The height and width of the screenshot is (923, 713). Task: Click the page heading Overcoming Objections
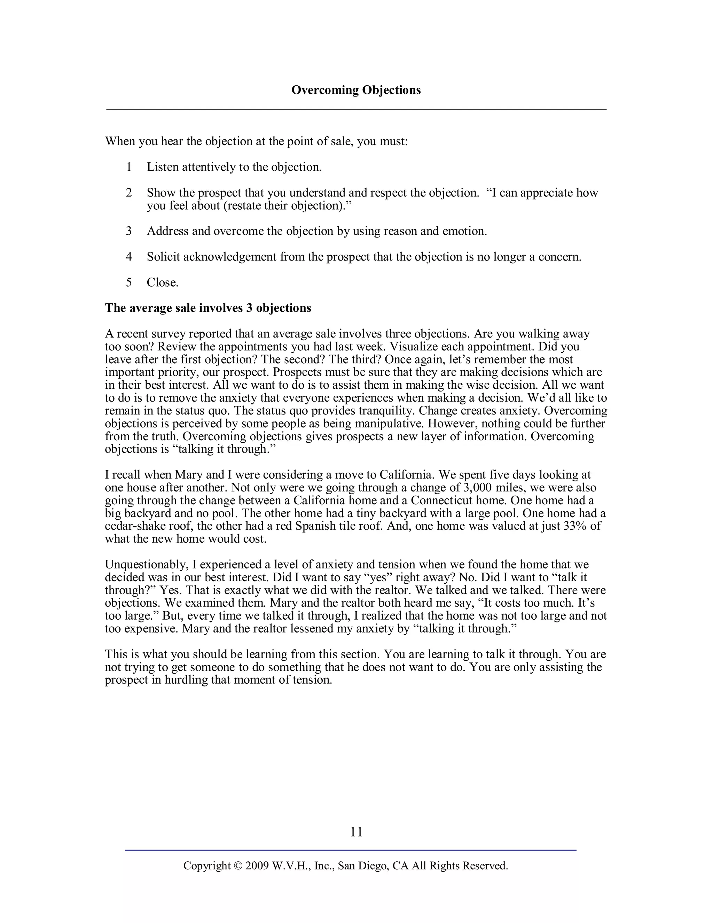pyautogui.click(x=356, y=90)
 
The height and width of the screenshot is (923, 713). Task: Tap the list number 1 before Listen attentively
pyautogui.click(x=129, y=167)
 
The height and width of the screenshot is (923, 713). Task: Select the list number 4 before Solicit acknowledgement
pyautogui.click(x=129, y=257)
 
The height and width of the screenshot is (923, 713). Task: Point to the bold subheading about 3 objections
pyautogui.click(x=208, y=308)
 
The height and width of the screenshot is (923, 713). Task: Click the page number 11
pyautogui.click(x=356, y=832)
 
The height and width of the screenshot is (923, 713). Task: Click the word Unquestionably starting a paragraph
pyautogui.click(x=147, y=565)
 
